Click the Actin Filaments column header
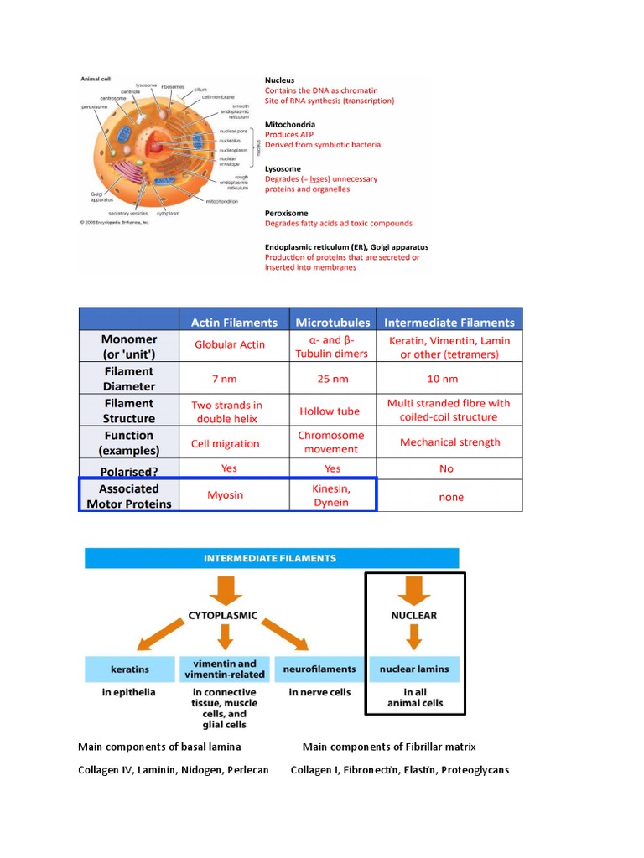point(234,322)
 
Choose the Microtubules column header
point(333,322)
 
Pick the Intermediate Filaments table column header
point(449,322)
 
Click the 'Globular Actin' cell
point(229,344)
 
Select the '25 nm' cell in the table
point(332,379)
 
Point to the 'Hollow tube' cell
point(330,411)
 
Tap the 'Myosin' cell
point(225,494)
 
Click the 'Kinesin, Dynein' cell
point(331,495)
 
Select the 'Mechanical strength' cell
point(449,442)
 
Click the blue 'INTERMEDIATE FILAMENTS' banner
point(271,557)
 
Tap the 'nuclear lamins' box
point(414,669)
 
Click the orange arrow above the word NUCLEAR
point(415,592)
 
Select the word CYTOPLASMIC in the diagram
point(223,615)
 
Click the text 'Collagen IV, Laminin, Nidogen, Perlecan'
point(174,769)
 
